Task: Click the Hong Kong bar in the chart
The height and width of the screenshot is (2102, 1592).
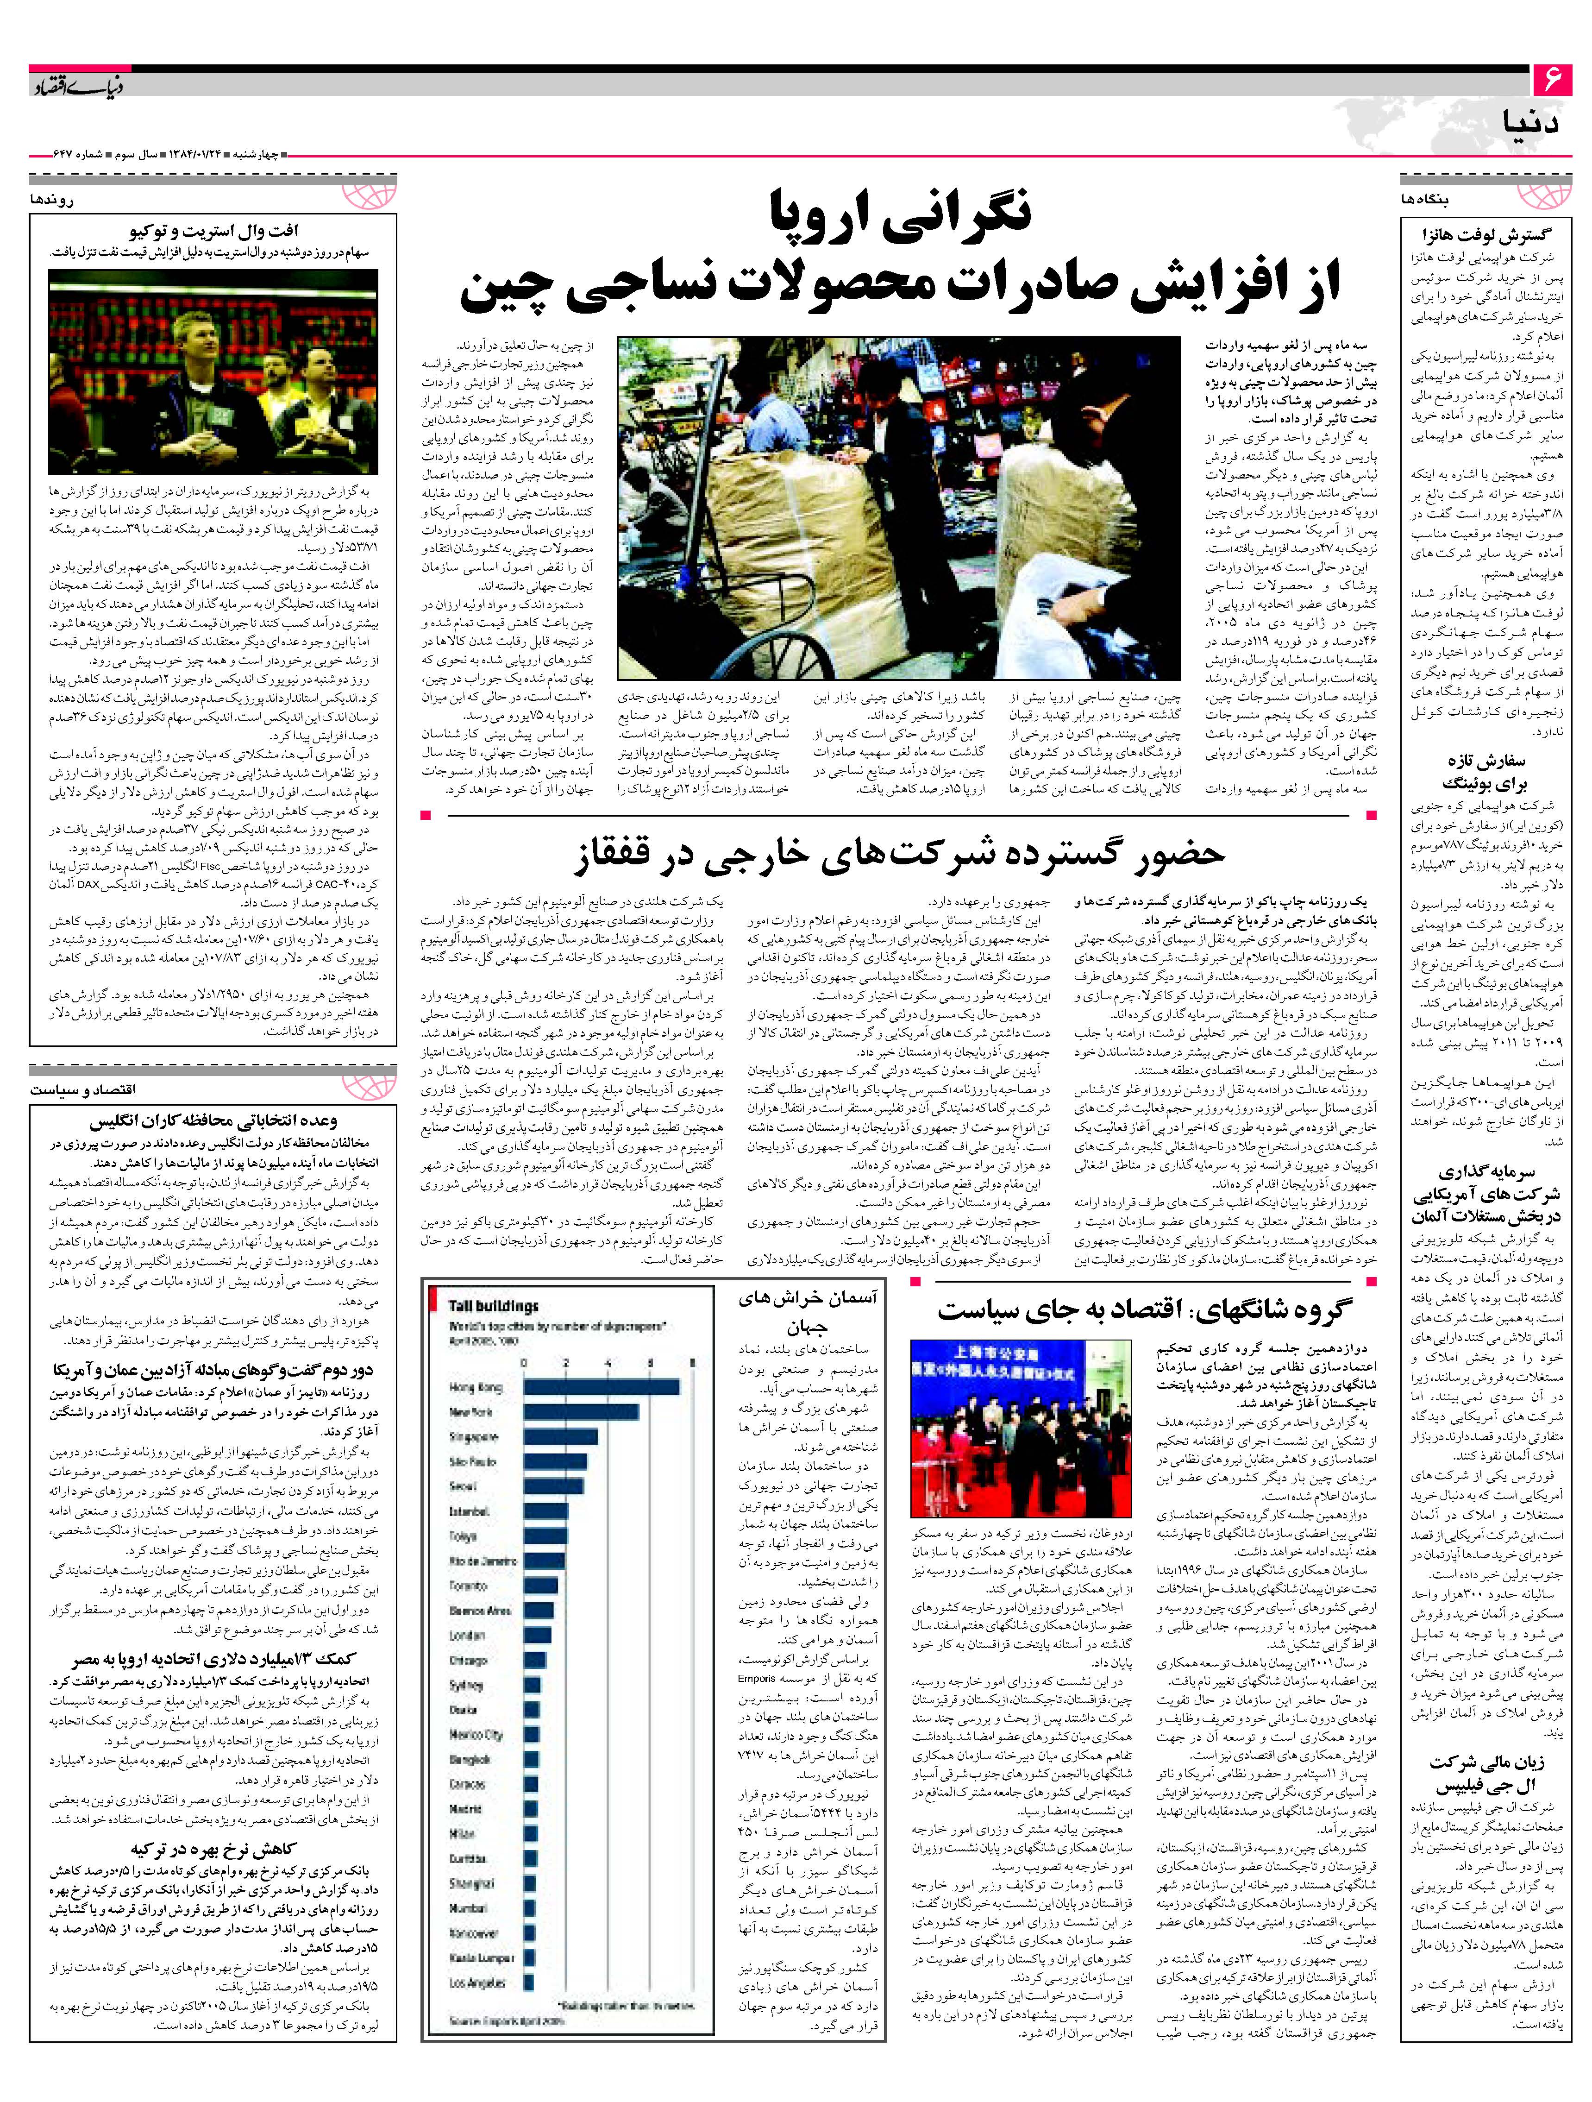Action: click(600, 1387)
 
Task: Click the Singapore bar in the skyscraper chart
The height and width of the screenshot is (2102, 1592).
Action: click(560, 1437)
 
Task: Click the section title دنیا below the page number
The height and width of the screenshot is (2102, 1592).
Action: click(1531, 124)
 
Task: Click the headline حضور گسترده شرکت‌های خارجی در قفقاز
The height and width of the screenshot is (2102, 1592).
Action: click(897, 852)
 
